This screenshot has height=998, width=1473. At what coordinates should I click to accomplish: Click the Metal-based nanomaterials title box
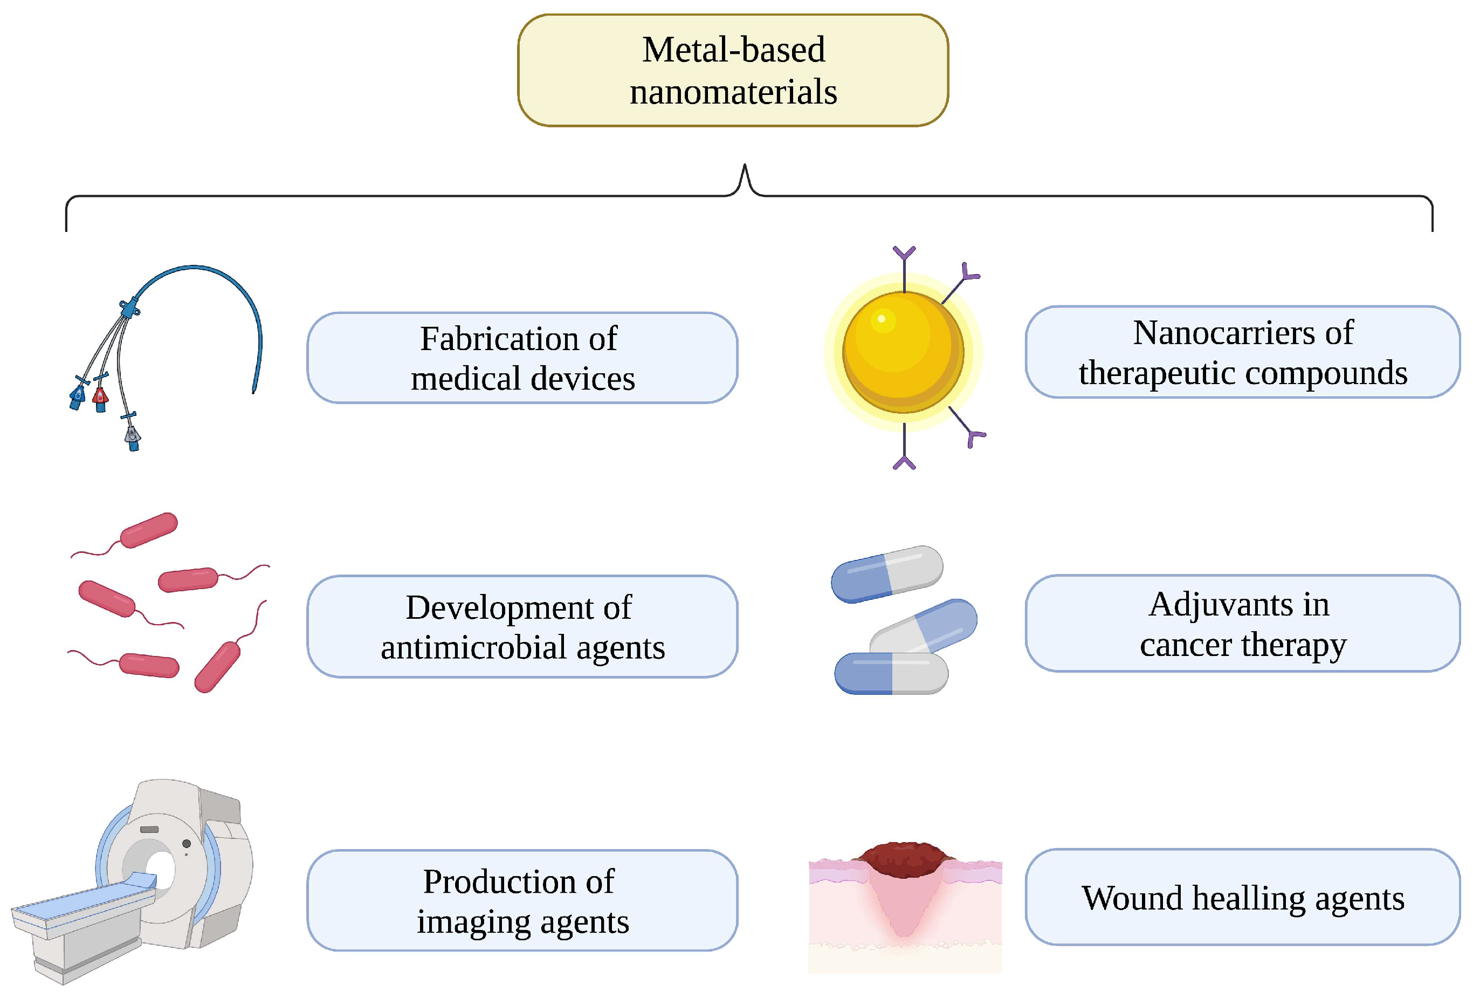[x=733, y=70]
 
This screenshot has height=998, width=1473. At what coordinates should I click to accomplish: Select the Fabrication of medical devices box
[x=522, y=358]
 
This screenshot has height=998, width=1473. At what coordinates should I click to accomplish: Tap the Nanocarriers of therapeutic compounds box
[x=1242, y=352]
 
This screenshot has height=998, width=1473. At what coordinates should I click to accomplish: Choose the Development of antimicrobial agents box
[x=522, y=626]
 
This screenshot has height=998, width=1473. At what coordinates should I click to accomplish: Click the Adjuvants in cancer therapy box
[x=1242, y=623]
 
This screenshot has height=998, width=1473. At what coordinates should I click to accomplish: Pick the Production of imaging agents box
[x=522, y=900]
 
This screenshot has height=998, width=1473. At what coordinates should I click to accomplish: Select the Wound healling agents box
[x=1242, y=897]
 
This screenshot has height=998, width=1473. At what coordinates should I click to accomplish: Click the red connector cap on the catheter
[x=100, y=398]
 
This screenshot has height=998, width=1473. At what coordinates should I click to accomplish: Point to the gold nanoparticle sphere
[x=903, y=352]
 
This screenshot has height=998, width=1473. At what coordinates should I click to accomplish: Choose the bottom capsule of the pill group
[x=891, y=673]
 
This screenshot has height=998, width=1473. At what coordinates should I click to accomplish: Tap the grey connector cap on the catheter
[x=132, y=435]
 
